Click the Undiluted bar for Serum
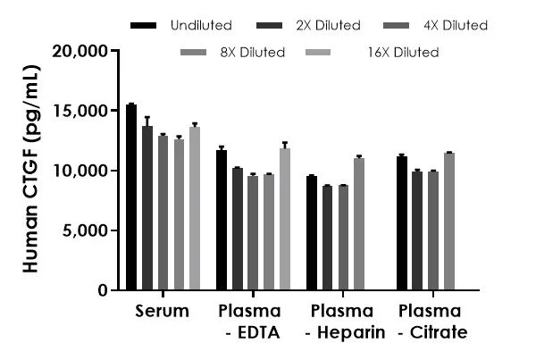coord(131,197)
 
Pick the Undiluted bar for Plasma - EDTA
coord(221,220)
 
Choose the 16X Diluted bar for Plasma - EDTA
coord(284,219)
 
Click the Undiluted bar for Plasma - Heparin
coord(312,233)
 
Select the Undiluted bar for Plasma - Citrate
coord(402,223)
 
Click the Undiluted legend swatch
coord(143,26)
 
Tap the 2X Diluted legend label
coord(330,26)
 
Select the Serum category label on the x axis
coord(163,312)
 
